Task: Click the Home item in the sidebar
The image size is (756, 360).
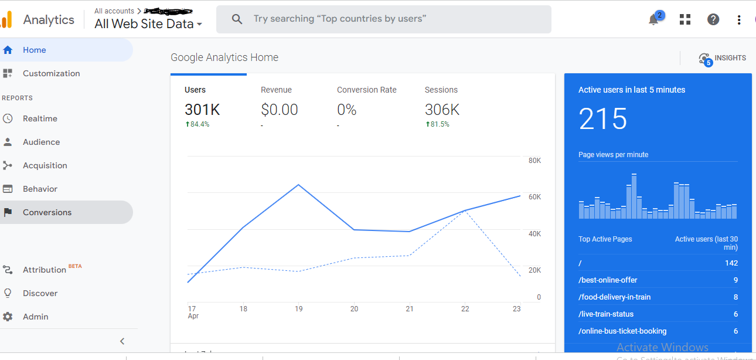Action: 34,50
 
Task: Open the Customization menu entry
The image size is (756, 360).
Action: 51,73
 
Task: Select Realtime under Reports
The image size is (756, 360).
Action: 40,118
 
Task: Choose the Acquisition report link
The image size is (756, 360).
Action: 45,165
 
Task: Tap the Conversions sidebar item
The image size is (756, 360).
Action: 47,212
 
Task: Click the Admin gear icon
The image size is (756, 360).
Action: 8,317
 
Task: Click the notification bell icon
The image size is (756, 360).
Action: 653,19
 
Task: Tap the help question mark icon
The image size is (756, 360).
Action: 713,19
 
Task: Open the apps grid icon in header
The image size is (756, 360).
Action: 685,19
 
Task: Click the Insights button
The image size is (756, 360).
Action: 723,58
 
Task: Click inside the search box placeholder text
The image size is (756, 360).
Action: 339,19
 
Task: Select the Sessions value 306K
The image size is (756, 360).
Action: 442,110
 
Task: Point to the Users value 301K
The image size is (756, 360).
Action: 202,110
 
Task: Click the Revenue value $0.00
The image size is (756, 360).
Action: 279,110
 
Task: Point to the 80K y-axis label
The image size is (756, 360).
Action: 534,161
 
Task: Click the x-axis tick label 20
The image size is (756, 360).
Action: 354,308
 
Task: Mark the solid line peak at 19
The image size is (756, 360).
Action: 299,185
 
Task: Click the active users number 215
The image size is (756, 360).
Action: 602,119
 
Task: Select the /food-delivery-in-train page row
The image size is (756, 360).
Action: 614,297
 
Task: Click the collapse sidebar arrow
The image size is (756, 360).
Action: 122,341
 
